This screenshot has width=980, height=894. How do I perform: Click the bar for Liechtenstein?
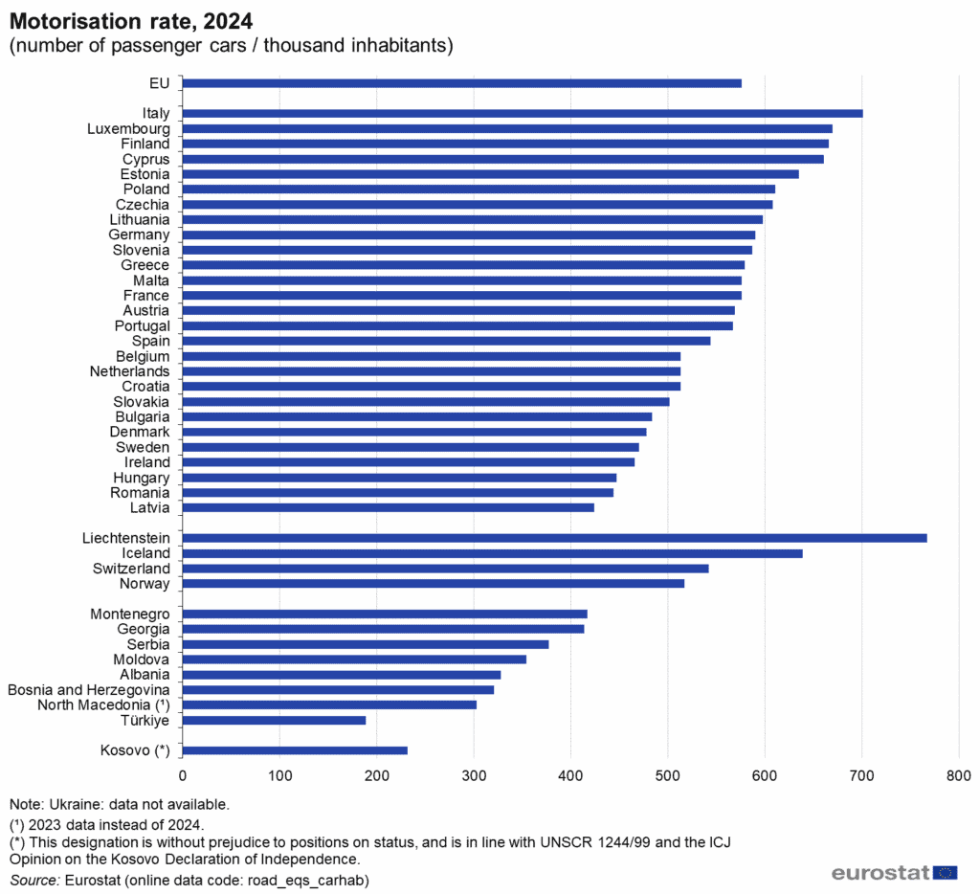tap(554, 538)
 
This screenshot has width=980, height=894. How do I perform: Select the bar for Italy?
tap(522, 113)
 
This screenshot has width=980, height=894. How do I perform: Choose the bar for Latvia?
tap(388, 507)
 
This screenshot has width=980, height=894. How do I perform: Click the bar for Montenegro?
tap(384, 614)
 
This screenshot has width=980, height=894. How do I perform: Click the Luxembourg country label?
tap(128, 128)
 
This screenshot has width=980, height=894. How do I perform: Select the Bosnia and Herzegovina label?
tap(89, 689)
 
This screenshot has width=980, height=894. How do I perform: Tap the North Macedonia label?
tap(103, 704)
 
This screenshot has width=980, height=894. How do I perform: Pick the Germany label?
tap(139, 235)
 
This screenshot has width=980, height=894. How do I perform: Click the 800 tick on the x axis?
tap(958, 774)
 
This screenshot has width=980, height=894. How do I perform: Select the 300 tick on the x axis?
tap(474, 774)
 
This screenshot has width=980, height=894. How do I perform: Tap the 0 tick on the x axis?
tap(182, 774)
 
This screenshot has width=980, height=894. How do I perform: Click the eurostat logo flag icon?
tap(946, 872)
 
